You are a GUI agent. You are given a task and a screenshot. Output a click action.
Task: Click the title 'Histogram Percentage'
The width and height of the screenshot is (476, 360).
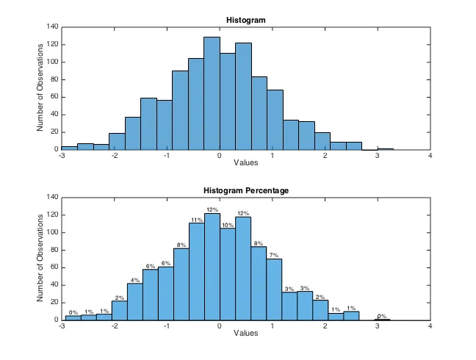click(246, 191)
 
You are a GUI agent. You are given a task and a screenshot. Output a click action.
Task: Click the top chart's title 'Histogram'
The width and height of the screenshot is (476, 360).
click(246, 20)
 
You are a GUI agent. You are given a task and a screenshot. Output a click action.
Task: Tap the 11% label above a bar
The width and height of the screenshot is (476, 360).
click(197, 220)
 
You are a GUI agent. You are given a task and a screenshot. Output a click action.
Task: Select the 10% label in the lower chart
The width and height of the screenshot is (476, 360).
click(228, 226)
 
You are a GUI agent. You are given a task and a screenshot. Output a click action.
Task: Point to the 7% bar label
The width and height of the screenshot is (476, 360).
click(274, 256)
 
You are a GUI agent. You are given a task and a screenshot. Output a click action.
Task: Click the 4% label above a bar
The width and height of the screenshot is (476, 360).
click(134, 280)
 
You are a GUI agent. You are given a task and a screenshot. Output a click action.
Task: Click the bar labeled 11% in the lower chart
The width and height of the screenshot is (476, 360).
click(197, 272)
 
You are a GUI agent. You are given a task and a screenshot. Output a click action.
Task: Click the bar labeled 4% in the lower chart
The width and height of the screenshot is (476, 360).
click(134, 301)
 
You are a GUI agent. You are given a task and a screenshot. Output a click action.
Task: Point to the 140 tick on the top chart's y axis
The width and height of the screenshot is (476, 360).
click(52, 26)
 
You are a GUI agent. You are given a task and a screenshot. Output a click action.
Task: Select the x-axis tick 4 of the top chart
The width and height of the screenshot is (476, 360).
click(430, 155)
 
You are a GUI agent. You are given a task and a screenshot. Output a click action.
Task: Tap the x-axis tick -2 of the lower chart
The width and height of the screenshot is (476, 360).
click(114, 325)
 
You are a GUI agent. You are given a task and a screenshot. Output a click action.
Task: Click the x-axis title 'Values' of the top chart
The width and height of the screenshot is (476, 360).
click(246, 163)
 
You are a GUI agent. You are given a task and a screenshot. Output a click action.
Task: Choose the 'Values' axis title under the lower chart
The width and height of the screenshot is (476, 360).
click(246, 334)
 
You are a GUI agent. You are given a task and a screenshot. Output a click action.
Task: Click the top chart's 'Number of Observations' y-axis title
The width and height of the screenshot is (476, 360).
click(41, 88)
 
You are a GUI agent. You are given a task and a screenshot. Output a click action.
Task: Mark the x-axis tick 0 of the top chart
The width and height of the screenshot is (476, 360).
click(220, 155)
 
